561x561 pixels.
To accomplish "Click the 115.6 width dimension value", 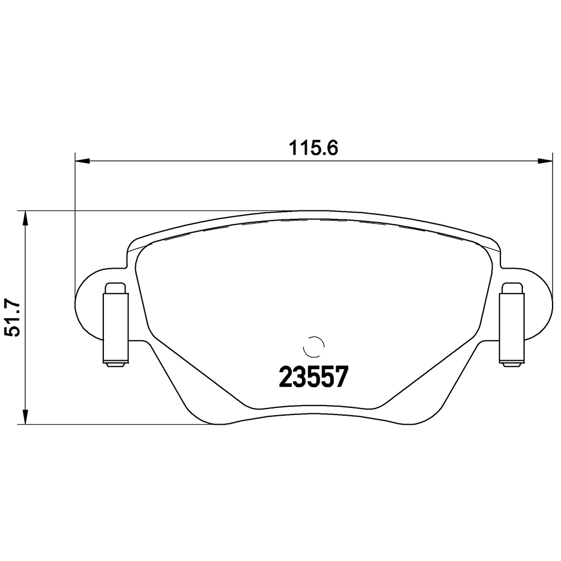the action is pos(313,148).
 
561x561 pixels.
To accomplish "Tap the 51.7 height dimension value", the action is pos(13,318).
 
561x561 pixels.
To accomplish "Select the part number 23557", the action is pos(314,378).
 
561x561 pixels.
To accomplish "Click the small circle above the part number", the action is pos(314,347).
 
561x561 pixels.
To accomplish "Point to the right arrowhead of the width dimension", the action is pos(546,162).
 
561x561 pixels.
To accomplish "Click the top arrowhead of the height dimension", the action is pos(25,218).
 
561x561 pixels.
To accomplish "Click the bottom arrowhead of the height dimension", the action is pos(25,417).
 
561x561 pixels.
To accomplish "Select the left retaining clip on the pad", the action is pos(115,325).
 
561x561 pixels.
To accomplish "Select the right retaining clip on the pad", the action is pos(512,325).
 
